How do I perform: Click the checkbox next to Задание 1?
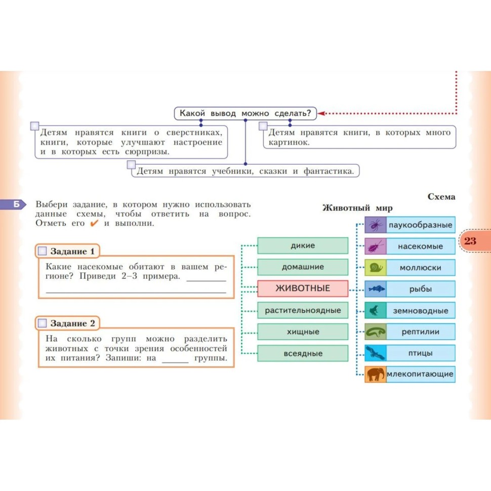pos(42,251)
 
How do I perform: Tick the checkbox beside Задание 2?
pos(42,323)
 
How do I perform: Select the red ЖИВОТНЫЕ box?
pos(303,289)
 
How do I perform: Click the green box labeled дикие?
pos(303,245)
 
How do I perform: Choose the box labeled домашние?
pos(303,267)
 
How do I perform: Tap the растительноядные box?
pos(303,310)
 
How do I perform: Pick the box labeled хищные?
pos(303,332)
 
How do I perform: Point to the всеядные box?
pos(303,353)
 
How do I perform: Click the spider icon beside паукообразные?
pos(375,225)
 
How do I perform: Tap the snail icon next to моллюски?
pos(375,267)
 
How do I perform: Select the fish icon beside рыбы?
pos(375,289)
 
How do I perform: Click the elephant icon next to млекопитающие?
pos(375,374)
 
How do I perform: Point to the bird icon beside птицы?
pos(375,353)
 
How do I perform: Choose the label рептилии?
pos(420,332)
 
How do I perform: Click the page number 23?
pos(470,241)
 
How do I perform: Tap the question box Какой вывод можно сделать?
pos(245,113)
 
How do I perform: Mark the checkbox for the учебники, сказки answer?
pos(131,165)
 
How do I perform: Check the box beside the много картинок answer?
pos(263,126)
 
